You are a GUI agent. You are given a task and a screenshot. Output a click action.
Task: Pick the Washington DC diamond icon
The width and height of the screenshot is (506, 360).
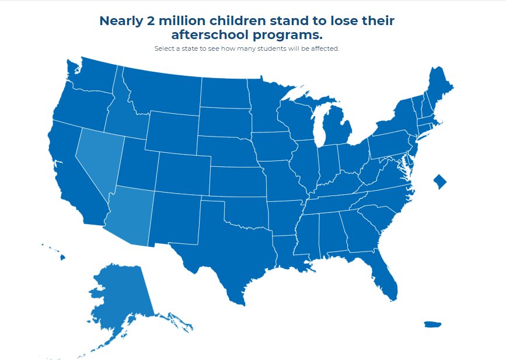click(x=439, y=181)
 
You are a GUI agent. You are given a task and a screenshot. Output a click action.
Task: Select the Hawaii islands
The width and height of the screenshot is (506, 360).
click(x=61, y=256)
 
